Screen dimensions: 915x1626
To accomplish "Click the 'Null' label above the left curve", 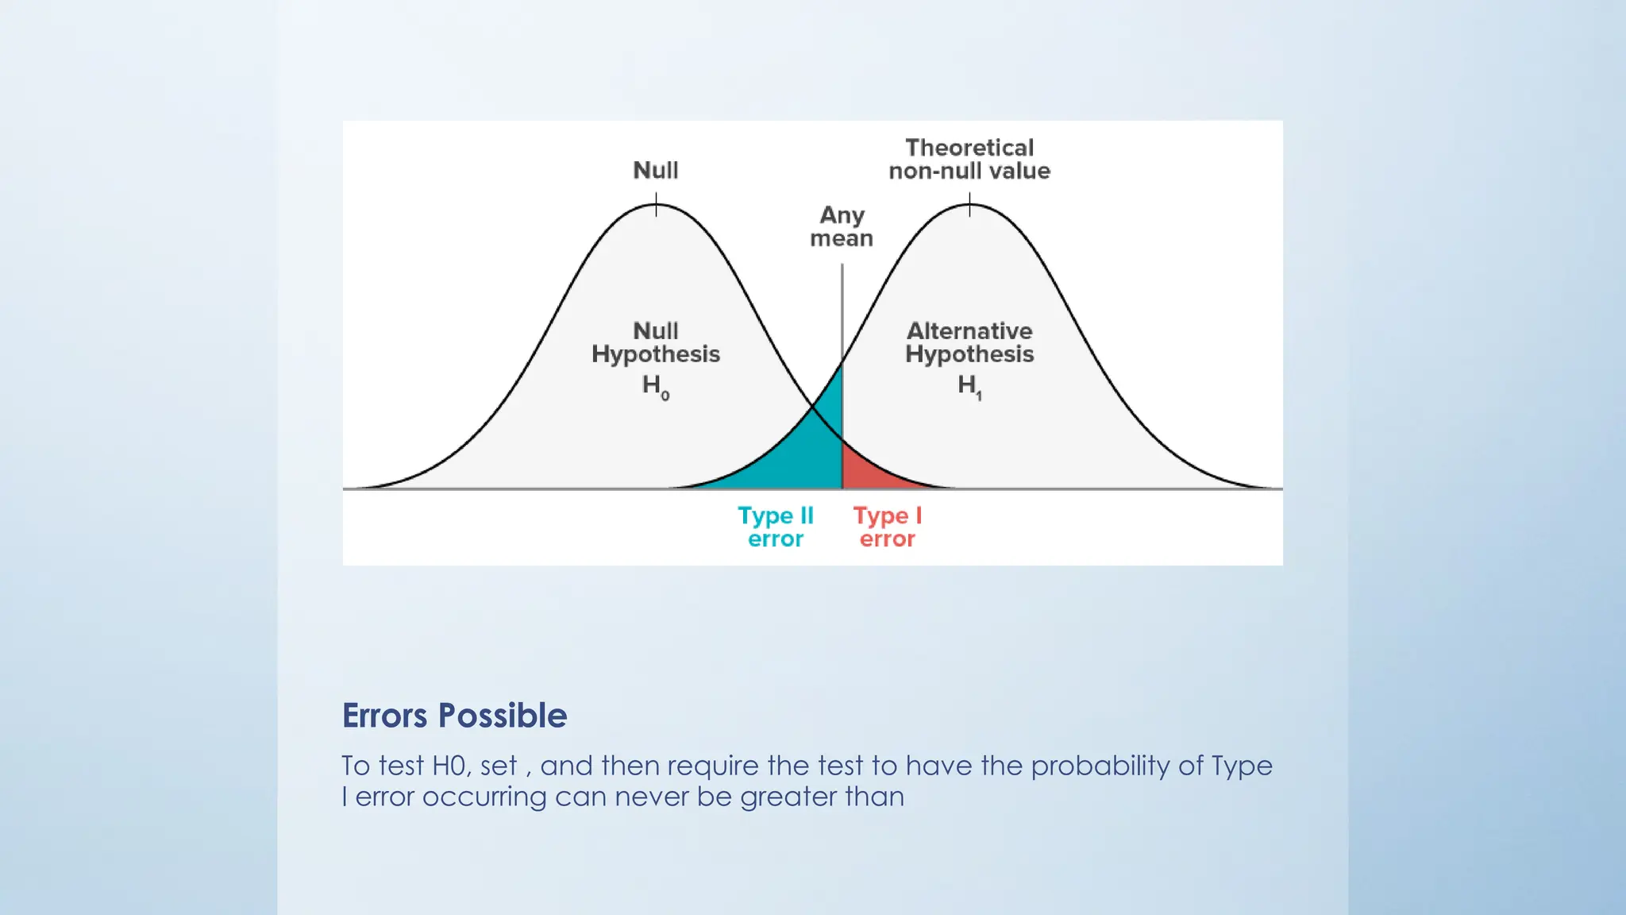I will [x=655, y=170].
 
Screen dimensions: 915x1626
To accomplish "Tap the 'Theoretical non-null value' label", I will [x=969, y=159].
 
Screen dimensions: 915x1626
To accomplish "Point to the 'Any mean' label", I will [x=842, y=226].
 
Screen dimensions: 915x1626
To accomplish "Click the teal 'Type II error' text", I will [x=776, y=527].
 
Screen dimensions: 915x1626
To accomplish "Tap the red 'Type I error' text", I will [x=887, y=527].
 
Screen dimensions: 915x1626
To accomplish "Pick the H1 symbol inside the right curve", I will [x=969, y=386].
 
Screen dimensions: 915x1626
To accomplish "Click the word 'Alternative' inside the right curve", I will [x=969, y=330].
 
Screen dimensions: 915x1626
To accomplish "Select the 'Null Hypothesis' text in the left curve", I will [x=655, y=342].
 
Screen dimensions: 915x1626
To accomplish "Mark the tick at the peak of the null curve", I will [x=656, y=205].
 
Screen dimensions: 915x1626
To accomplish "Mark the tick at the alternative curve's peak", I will [x=969, y=205].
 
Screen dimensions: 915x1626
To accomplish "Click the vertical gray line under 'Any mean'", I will [x=842, y=310].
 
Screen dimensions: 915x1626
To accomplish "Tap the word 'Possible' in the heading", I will [x=503, y=716].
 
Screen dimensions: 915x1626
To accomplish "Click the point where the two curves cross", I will [x=812, y=407].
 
